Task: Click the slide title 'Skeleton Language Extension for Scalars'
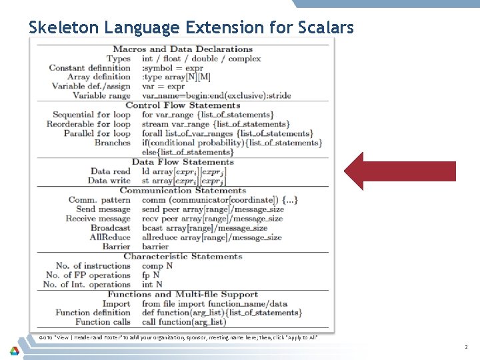coord(191,27)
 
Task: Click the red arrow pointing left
coord(399,171)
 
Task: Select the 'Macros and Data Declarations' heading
coord(183,49)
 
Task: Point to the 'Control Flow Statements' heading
coord(183,105)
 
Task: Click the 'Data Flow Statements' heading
coord(183,162)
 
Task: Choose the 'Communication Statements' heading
coord(183,191)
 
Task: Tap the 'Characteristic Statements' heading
coord(183,256)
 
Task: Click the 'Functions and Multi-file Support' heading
coord(183,294)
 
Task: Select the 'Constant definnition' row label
coord(89,68)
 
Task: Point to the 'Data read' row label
coord(110,171)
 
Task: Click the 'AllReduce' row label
coord(110,237)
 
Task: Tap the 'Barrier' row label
coord(116,247)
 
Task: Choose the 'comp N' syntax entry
coord(157,266)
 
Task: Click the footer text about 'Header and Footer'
coord(178,337)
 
